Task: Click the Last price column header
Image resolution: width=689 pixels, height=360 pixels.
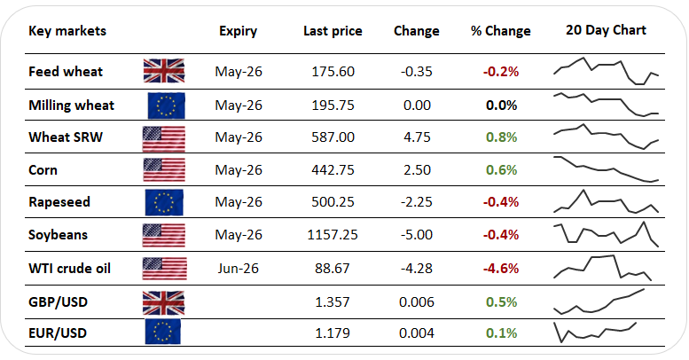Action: point(333,31)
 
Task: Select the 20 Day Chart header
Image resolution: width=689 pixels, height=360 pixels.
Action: point(606,30)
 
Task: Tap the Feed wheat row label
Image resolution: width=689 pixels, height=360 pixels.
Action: point(66,72)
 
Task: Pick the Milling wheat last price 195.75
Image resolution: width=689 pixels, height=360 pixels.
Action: point(333,105)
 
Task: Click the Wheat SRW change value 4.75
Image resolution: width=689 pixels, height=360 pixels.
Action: point(416,137)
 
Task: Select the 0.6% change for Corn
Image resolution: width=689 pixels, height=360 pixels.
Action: point(501,169)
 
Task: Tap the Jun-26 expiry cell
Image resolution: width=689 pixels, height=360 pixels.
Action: point(239,267)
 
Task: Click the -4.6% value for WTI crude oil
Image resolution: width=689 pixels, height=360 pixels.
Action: point(500,267)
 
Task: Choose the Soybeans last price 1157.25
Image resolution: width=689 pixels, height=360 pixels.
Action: point(333,234)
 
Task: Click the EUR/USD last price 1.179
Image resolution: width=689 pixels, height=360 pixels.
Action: point(333,333)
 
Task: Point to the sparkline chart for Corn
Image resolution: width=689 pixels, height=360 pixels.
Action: point(606,169)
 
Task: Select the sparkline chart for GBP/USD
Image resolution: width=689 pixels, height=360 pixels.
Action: point(599,301)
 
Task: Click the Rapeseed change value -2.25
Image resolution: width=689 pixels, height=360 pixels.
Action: point(416,202)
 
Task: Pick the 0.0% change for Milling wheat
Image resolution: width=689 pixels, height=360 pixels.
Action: point(501,105)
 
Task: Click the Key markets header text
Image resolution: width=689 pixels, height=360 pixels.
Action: point(67,31)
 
